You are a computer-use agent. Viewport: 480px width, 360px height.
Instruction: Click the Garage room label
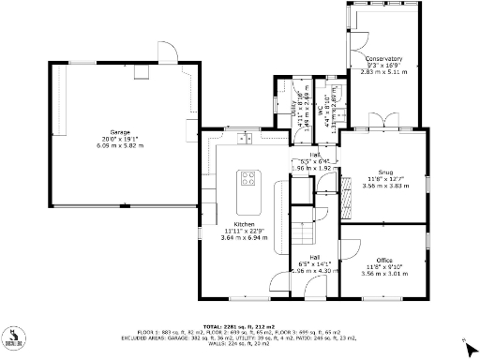pos(120,132)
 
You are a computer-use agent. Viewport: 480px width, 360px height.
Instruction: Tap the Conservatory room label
pos(383,57)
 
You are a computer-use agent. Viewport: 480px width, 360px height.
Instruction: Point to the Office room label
pos(384,260)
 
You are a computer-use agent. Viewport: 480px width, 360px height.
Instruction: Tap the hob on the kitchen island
pos(250,177)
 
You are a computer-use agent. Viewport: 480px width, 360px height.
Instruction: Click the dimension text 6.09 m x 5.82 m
pos(120,145)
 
